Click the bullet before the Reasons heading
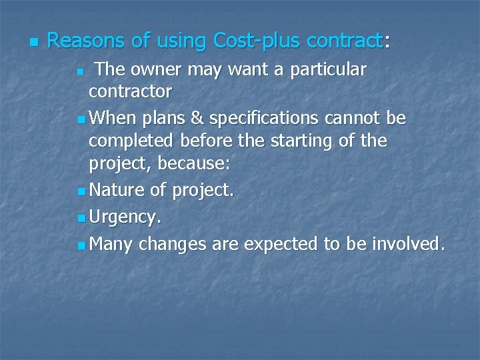tap(33, 42)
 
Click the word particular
tap(329, 70)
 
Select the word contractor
tap(130, 91)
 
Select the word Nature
tap(117, 191)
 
